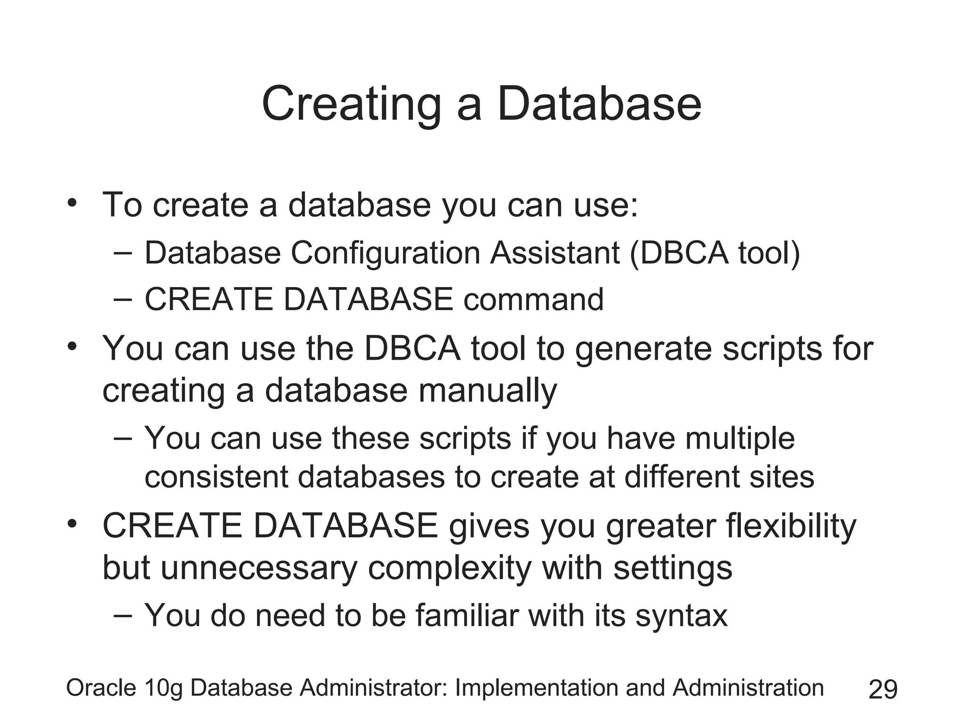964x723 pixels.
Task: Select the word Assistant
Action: [x=554, y=253]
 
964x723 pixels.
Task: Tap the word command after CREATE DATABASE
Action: [x=533, y=300]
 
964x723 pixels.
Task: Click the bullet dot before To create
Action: [x=72, y=203]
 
